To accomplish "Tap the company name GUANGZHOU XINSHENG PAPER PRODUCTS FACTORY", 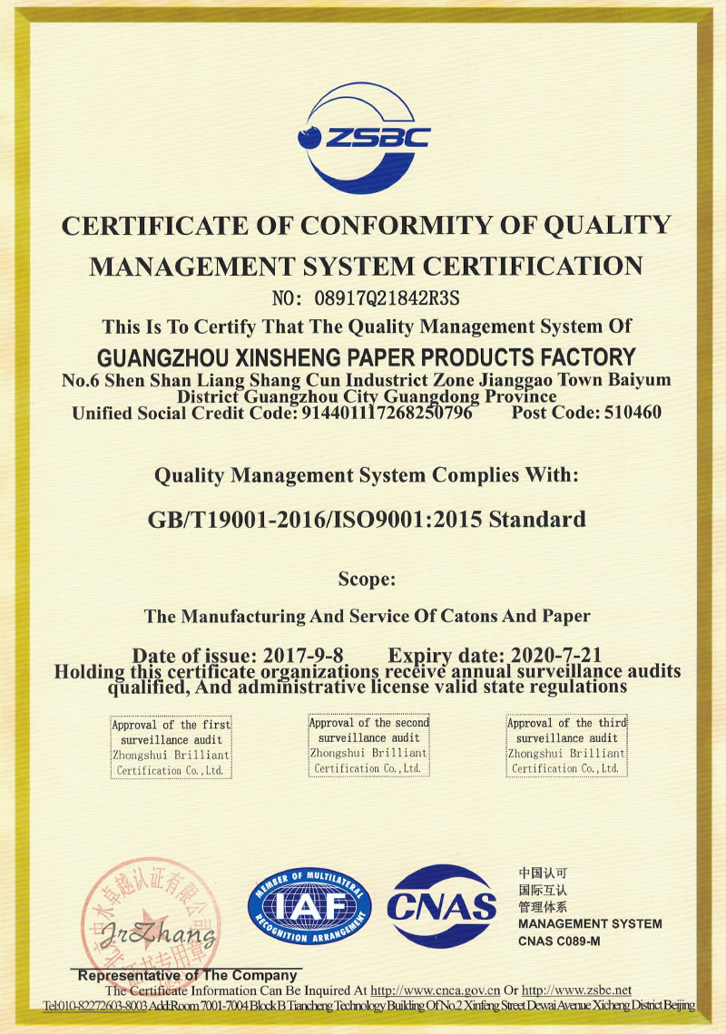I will click(366, 356).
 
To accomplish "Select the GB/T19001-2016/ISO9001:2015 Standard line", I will click(366, 520).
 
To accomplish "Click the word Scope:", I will click(366, 578).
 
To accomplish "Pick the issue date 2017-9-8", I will click(303, 655).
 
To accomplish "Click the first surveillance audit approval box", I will click(171, 747).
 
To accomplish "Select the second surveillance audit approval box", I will click(368, 746).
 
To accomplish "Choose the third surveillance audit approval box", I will click(566, 746).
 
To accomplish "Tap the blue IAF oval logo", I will click(309, 908).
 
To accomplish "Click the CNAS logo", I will click(442, 903).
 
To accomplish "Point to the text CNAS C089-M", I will click(559, 941).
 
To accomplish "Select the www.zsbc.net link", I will click(576, 990).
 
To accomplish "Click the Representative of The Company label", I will click(189, 975).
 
